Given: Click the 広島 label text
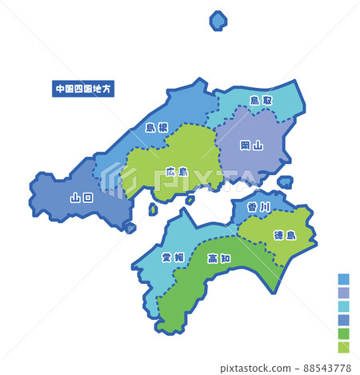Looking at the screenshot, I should pyautogui.click(x=178, y=171).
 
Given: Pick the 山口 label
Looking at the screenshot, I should pyautogui.click(x=82, y=197).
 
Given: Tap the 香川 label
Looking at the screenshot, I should pyautogui.click(x=259, y=206).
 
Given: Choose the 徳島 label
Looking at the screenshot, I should pyautogui.click(x=286, y=234).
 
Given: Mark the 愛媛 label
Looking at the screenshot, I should pyautogui.click(x=172, y=257).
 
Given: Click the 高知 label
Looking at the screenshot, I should pyautogui.click(x=219, y=257).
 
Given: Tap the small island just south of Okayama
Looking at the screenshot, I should pyautogui.click(x=285, y=182).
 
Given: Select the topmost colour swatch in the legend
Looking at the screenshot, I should pyautogui.click(x=344, y=279).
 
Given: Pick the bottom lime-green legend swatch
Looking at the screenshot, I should pyautogui.click(x=344, y=347).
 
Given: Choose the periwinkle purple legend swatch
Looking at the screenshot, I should pyautogui.click(x=344, y=293).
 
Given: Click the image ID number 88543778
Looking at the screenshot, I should pyautogui.click(x=328, y=366).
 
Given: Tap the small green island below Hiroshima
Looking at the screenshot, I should pyautogui.click(x=153, y=209).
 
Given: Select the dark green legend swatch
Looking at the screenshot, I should pyautogui.click(x=344, y=333).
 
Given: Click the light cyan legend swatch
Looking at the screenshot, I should pyautogui.click(x=344, y=306).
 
